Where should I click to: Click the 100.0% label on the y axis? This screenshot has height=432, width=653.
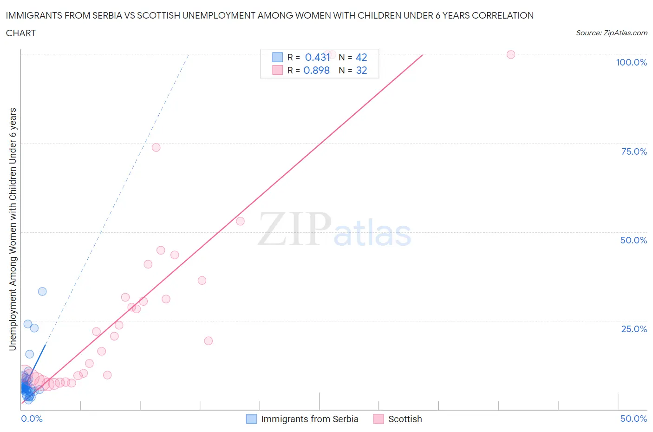[631, 62]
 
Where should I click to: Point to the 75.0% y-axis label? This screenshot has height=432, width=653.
[634, 151]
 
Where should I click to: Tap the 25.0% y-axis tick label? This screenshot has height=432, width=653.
[634, 329]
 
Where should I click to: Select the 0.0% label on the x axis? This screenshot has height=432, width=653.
[32, 419]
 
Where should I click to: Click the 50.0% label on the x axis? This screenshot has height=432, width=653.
[633, 419]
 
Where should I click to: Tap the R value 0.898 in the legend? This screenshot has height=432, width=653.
[316, 70]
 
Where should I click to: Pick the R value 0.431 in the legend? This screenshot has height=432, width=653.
[317, 57]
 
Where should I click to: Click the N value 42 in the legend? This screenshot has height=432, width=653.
[361, 57]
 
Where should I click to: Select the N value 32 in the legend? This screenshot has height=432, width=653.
[361, 70]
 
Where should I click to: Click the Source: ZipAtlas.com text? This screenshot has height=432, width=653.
[611, 33]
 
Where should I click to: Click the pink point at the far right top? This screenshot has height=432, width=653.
[511, 54]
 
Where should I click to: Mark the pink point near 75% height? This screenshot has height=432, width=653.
[156, 147]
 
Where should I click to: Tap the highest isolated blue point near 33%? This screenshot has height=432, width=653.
[42, 291]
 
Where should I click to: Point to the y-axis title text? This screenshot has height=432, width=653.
[13, 229]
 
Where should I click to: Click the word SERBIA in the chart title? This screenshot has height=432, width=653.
[107, 15]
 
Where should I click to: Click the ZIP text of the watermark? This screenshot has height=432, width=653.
[294, 229]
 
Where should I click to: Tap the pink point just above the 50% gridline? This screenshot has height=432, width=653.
[240, 221]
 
